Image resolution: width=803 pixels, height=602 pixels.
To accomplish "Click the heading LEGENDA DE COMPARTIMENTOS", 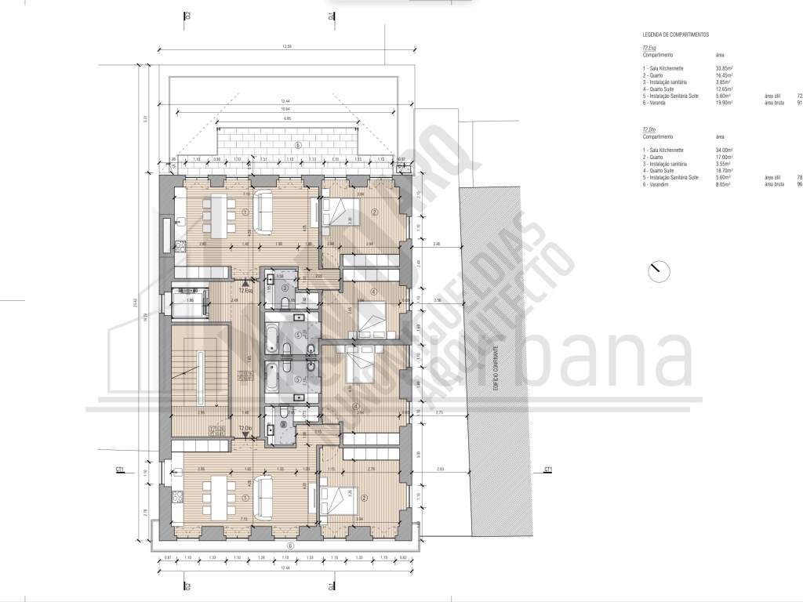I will [674, 35].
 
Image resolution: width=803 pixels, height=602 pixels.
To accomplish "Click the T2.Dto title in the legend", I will [649, 129].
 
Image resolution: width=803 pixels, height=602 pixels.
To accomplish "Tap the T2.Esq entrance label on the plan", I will [245, 291].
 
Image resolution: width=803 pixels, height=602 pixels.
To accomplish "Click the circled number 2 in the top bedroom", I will [375, 212].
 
